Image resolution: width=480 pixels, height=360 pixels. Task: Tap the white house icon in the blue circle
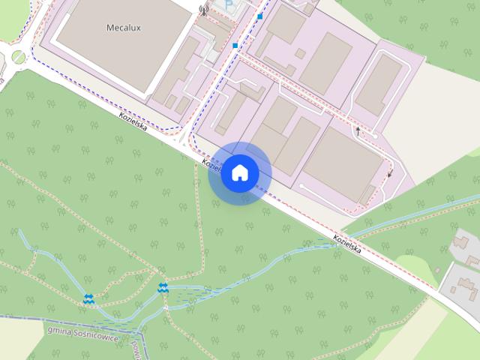(x=239, y=172)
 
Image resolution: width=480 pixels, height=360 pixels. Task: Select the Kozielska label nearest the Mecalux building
(x=133, y=121)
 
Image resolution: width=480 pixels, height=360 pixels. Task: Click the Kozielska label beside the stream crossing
(x=348, y=244)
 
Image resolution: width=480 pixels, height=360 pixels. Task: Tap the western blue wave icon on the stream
(x=89, y=299)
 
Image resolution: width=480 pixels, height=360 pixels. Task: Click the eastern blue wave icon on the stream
(x=163, y=287)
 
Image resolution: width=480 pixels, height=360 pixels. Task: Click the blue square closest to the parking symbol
(x=260, y=16)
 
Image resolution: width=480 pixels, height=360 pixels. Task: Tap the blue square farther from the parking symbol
(x=235, y=46)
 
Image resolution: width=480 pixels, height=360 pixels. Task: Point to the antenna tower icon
(x=202, y=10)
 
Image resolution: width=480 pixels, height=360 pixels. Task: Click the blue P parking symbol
(x=229, y=4)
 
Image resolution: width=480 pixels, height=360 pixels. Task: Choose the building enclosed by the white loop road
(x=378, y=84)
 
